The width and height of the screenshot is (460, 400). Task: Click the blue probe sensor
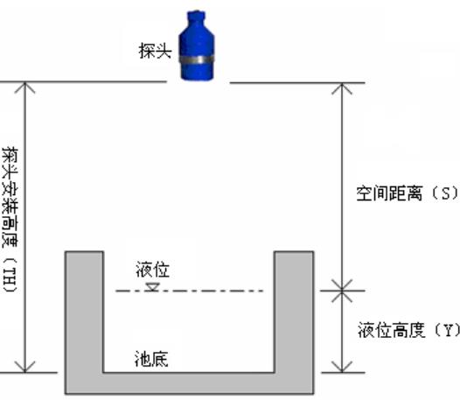pyautogui.click(x=197, y=46)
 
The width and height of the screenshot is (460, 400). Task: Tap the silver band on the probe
pyautogui.click(x=197, y=60)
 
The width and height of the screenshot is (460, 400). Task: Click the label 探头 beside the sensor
pyautogui.click(x=155, y=51)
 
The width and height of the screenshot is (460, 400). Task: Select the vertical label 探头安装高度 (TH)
pyautogui.click(x=10, y=220)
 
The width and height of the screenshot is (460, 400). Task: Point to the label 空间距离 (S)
pyautogui.click(x=408, y=193)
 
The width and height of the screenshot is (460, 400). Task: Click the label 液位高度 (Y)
pyautogui.click(x=408, y=329)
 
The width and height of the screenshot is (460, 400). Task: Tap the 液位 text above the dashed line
pyautogui.click(x=152, y=270)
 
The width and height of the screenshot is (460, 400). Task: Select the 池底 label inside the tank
pyautogui.click(x=151, y=359)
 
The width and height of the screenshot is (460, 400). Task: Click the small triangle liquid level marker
pyautogui.click(x=152, y=287)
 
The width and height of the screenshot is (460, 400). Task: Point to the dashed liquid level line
pyautogui.click(x=189, y=291)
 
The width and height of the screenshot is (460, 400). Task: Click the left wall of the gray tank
pyautogui.click(x=84, y=312)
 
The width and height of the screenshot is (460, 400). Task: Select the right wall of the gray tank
pyautogui.click(x=294, y=312)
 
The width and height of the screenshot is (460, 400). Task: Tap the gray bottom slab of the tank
pyautogui.click(x=189, y=383)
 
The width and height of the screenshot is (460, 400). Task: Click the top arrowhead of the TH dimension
pyautogui.click(x=25, y=88)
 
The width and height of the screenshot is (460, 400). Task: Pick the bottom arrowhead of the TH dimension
pyautogui.click(x=25, y=367)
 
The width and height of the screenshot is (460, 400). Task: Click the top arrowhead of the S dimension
pyautogui.click(x=342, y=88)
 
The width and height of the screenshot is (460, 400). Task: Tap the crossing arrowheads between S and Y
pyautogui.click(x=342, y=291)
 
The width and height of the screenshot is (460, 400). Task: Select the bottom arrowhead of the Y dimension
pyautogui.click(x=342, y=367)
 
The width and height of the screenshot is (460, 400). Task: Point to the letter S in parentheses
pyautogui.click(x=445, y=193)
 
